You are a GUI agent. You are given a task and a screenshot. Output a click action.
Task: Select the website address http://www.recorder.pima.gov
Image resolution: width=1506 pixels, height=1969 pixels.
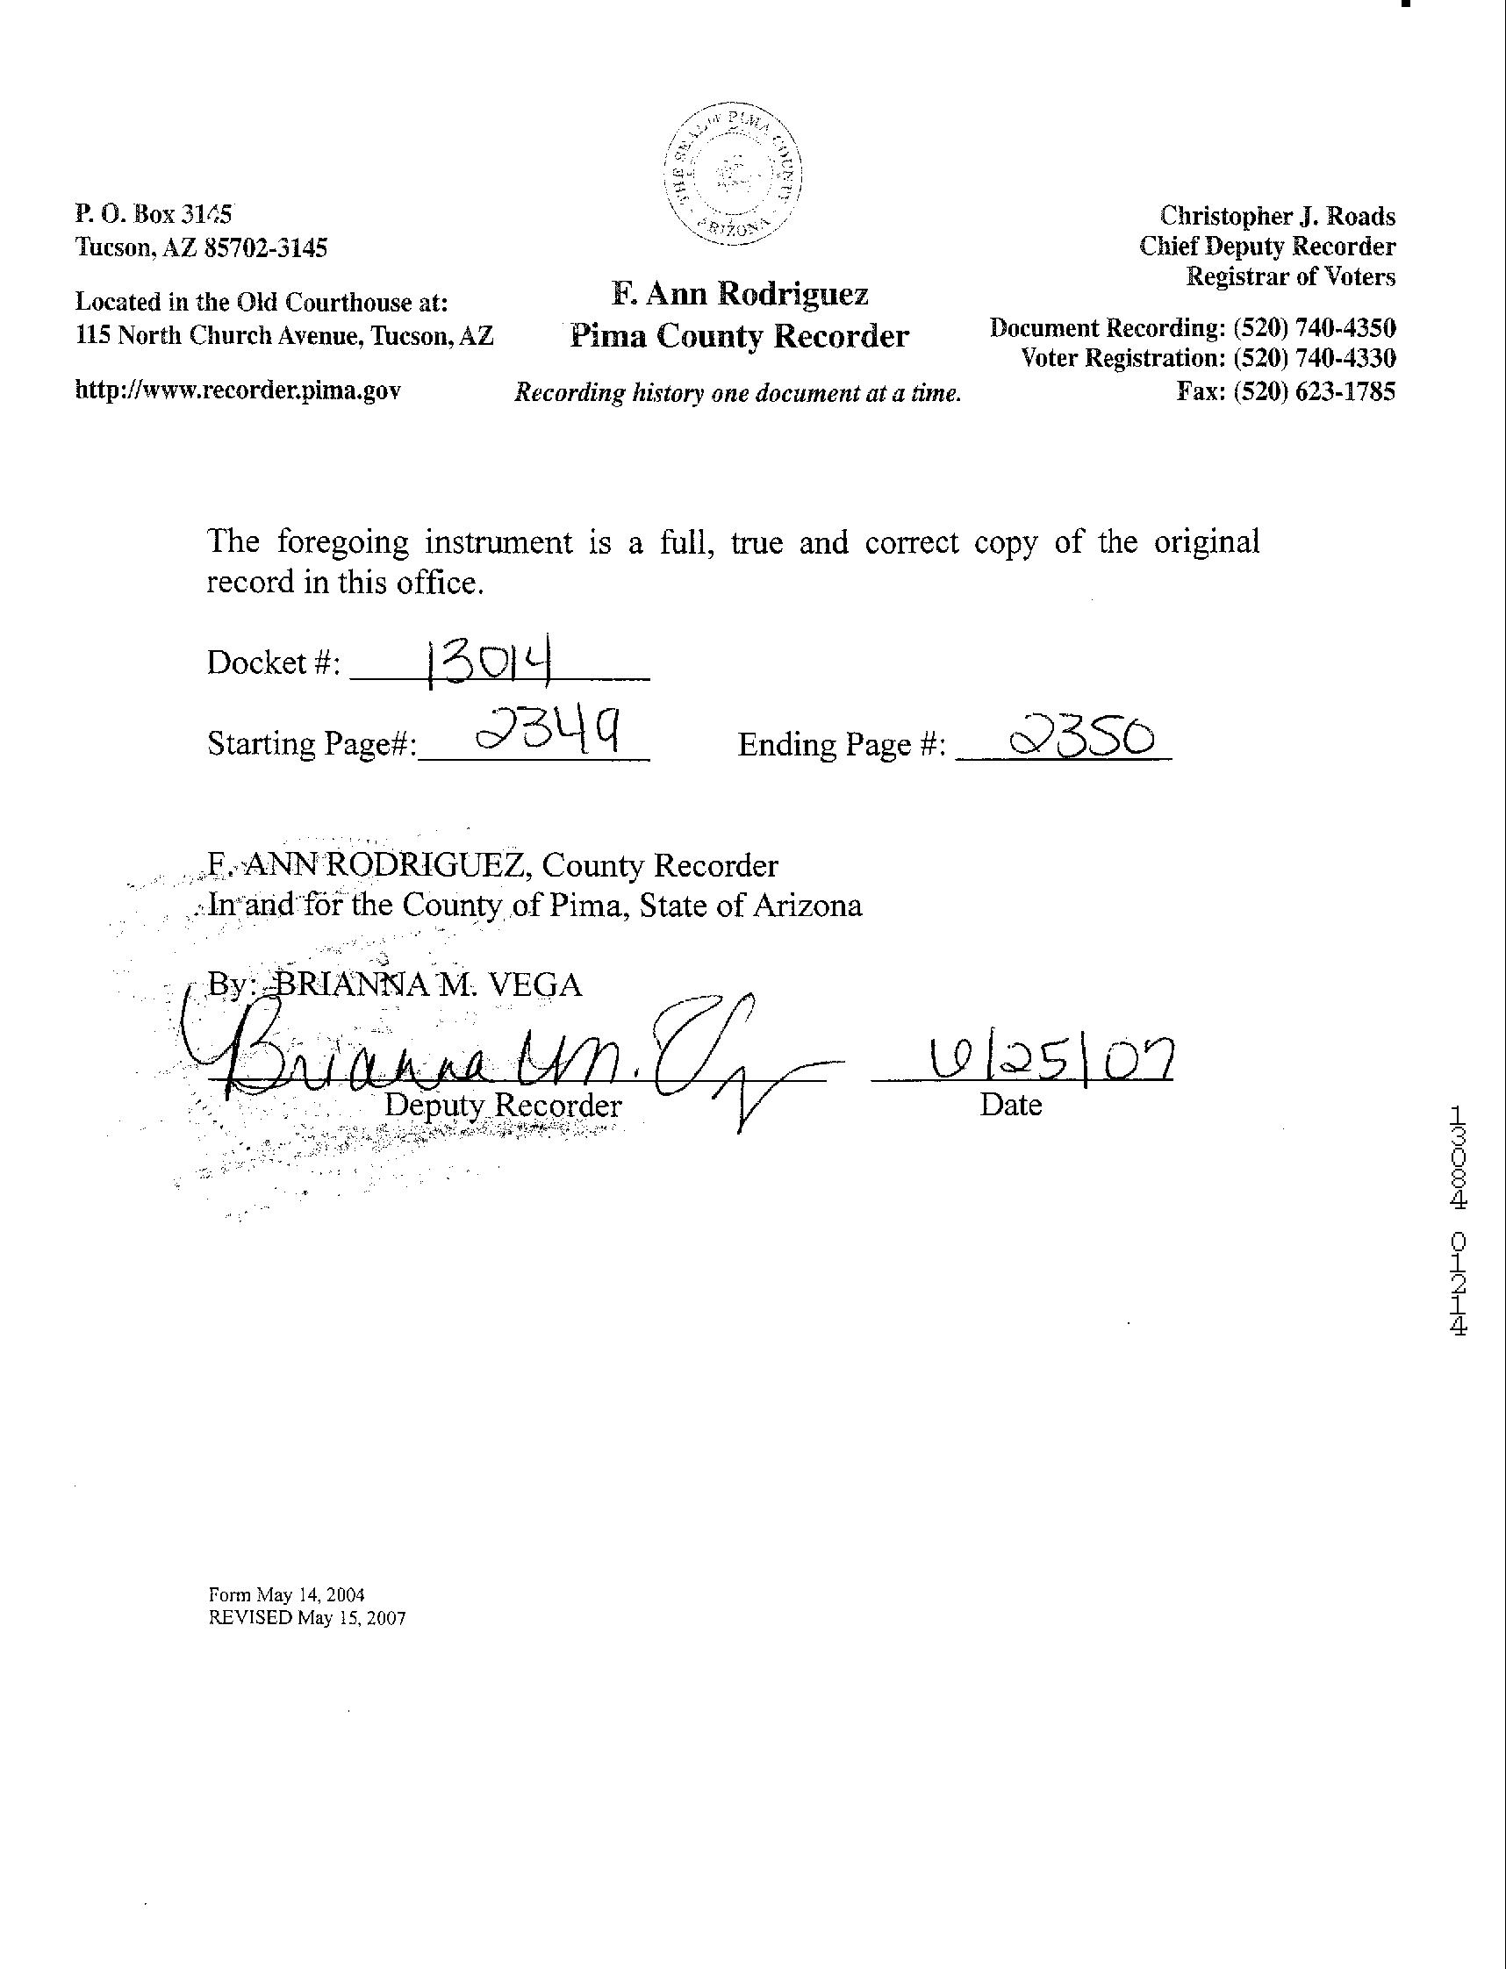click(238, 390)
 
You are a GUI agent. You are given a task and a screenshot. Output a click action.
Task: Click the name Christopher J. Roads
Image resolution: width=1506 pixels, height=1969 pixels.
click(1278, 216)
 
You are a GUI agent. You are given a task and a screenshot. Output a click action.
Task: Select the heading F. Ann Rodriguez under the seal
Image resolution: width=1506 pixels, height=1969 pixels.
click(740, 294)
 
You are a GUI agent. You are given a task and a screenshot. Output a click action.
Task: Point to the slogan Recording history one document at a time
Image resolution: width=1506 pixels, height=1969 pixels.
click(737, 393)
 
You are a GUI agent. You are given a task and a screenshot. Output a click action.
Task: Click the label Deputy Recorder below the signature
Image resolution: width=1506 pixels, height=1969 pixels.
click(502, 1105)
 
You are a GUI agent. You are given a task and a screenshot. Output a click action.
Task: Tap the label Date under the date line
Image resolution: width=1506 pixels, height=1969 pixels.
click(1010, 1105)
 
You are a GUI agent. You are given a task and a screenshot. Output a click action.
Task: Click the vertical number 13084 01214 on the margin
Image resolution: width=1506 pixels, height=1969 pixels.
click(1457, 1222)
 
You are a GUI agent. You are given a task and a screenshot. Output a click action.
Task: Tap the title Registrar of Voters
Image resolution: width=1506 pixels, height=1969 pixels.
click(1290, 277)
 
